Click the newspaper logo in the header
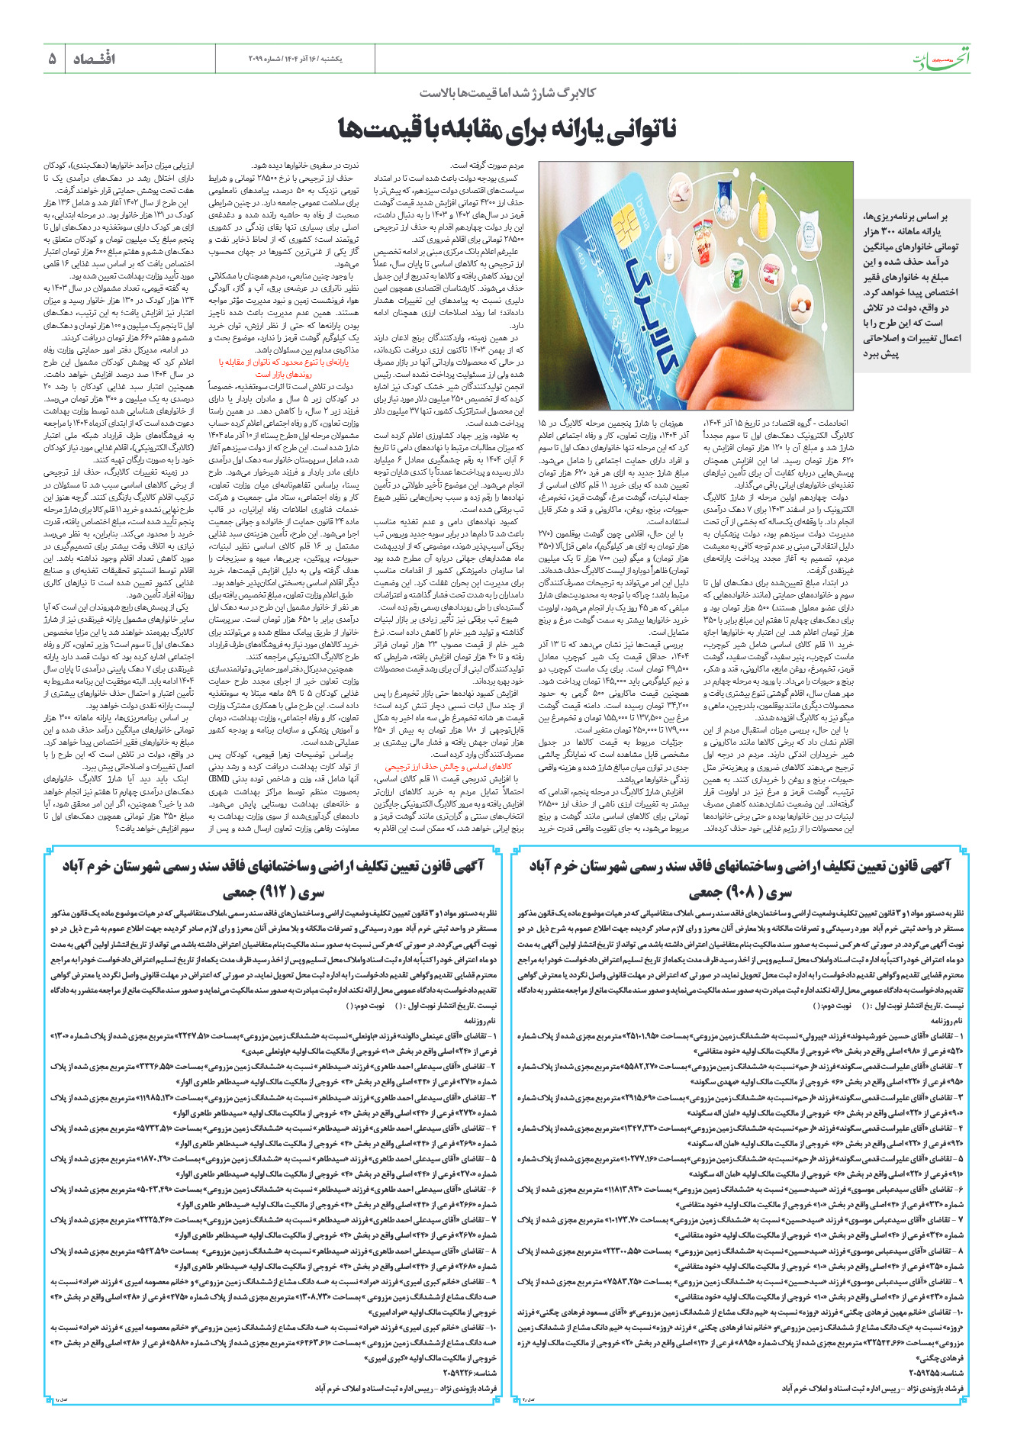point(943,60)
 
